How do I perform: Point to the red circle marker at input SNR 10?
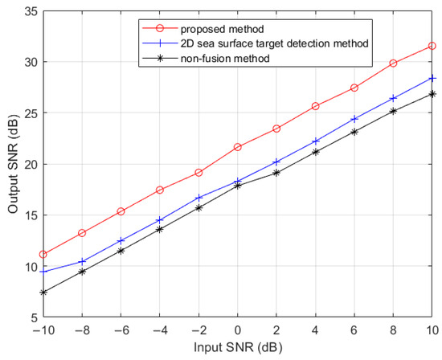[432, 46]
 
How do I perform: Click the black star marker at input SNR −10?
[43, 292]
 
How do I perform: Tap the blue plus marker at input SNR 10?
[432, 78]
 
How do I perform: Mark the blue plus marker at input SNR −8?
[82, 261]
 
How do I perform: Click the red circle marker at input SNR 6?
[354, 88]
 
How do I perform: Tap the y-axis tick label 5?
[31, 318]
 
